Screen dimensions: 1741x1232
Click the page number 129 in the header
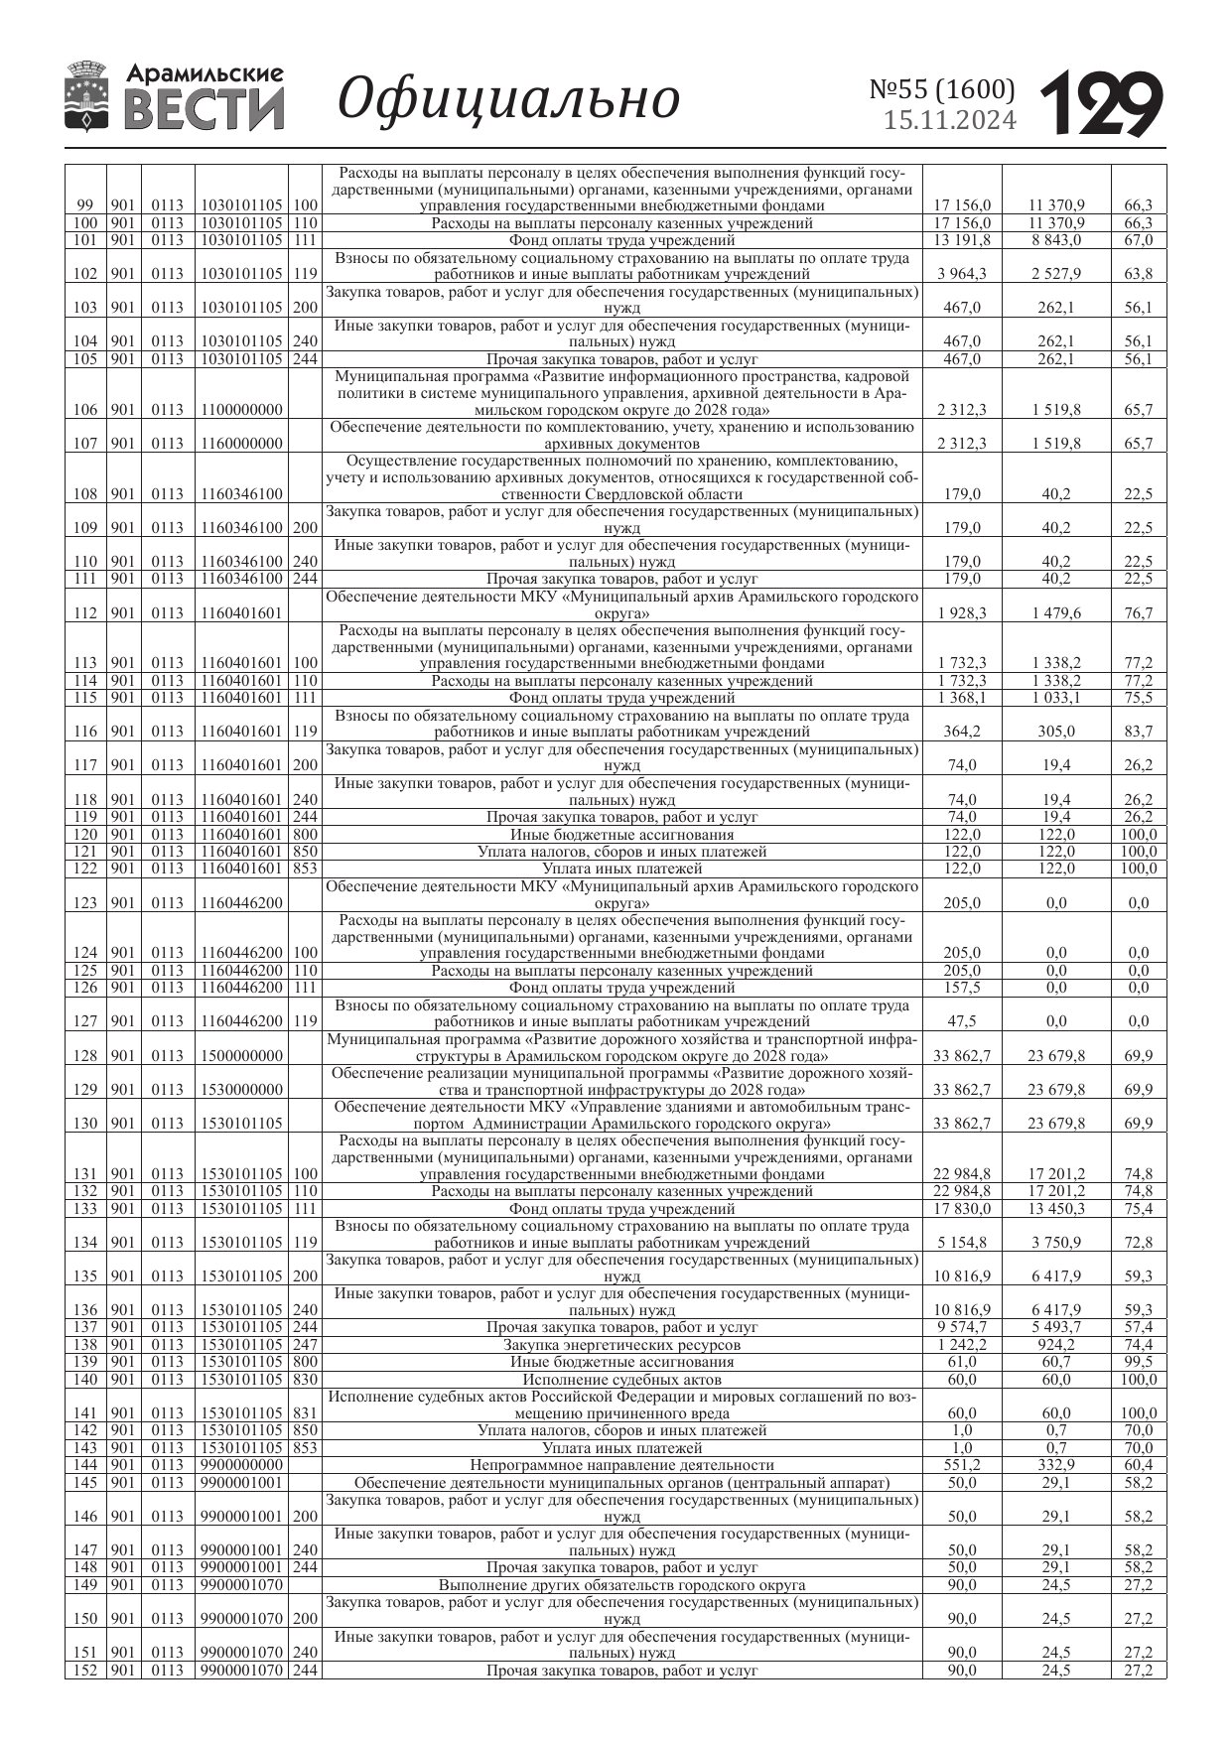1101,103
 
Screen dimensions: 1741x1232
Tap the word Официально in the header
508,99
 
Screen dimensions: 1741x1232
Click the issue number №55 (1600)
942,90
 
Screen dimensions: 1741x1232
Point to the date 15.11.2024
950,121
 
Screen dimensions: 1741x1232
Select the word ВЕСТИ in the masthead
205,109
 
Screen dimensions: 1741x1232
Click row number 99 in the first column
85,206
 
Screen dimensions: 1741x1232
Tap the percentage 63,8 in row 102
1138,274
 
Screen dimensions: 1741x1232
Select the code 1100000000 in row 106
241,410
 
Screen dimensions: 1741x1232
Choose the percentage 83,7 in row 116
1138,733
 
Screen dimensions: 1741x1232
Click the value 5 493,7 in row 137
1056,1327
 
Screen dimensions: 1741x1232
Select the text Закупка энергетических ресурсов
621,1345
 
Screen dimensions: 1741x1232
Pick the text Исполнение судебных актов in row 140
621,1380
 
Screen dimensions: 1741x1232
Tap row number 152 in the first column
85,1671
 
